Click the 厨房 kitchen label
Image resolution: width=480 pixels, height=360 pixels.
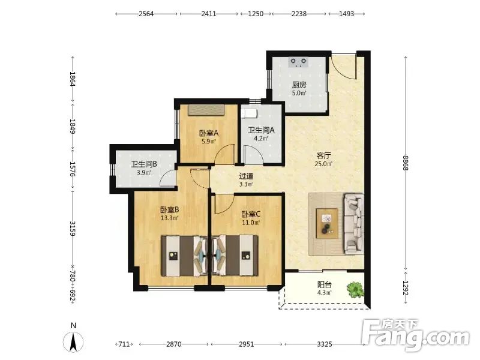(299, 85)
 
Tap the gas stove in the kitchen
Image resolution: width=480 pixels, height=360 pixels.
(298, 62)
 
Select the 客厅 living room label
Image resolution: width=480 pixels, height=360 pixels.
(323, 155)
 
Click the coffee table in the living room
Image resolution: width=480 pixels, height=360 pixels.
(327, 223)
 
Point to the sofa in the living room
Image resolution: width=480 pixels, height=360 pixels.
(354, 224)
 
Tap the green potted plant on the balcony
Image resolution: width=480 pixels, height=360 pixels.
(355, 290)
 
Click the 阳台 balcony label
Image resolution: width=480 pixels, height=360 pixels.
(324, 284)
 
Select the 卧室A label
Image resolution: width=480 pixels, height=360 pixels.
(209, 133)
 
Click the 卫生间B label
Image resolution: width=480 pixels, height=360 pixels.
(144, 164)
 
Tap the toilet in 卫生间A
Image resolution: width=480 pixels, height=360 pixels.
(249, 113)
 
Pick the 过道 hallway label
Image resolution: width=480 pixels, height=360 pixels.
(246, 176)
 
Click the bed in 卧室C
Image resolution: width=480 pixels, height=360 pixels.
(235, 256)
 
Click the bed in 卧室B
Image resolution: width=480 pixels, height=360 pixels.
(185, 256)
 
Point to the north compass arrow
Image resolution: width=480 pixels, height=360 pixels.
(73, 341)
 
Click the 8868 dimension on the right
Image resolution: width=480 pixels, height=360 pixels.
(406, 163)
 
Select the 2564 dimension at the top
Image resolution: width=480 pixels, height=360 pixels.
(146, 14)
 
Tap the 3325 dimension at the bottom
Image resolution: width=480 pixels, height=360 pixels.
(325, 344)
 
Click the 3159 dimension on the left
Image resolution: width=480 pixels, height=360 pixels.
(73, 229)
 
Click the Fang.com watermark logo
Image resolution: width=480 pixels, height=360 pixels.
(415, 335)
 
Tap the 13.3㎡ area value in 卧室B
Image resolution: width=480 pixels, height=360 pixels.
(170, 218)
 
